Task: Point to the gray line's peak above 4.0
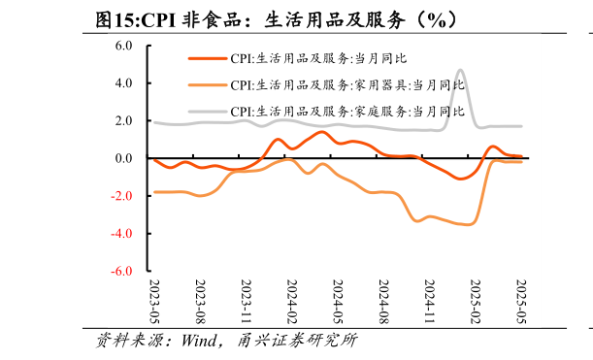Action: pos(460,70)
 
